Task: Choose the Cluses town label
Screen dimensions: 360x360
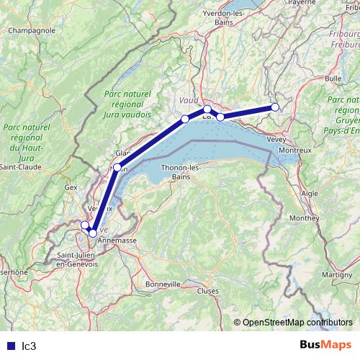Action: coord(207,291)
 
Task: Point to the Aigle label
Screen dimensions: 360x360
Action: coord(310,194)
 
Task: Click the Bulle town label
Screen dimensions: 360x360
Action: coord(333,78)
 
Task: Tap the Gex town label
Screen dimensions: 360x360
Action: coord(71,186)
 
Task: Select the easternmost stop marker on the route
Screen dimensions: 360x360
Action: coord(275,108)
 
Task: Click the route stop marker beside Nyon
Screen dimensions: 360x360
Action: coord(117,167)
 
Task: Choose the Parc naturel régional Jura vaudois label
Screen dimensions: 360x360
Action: coord(127,104)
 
